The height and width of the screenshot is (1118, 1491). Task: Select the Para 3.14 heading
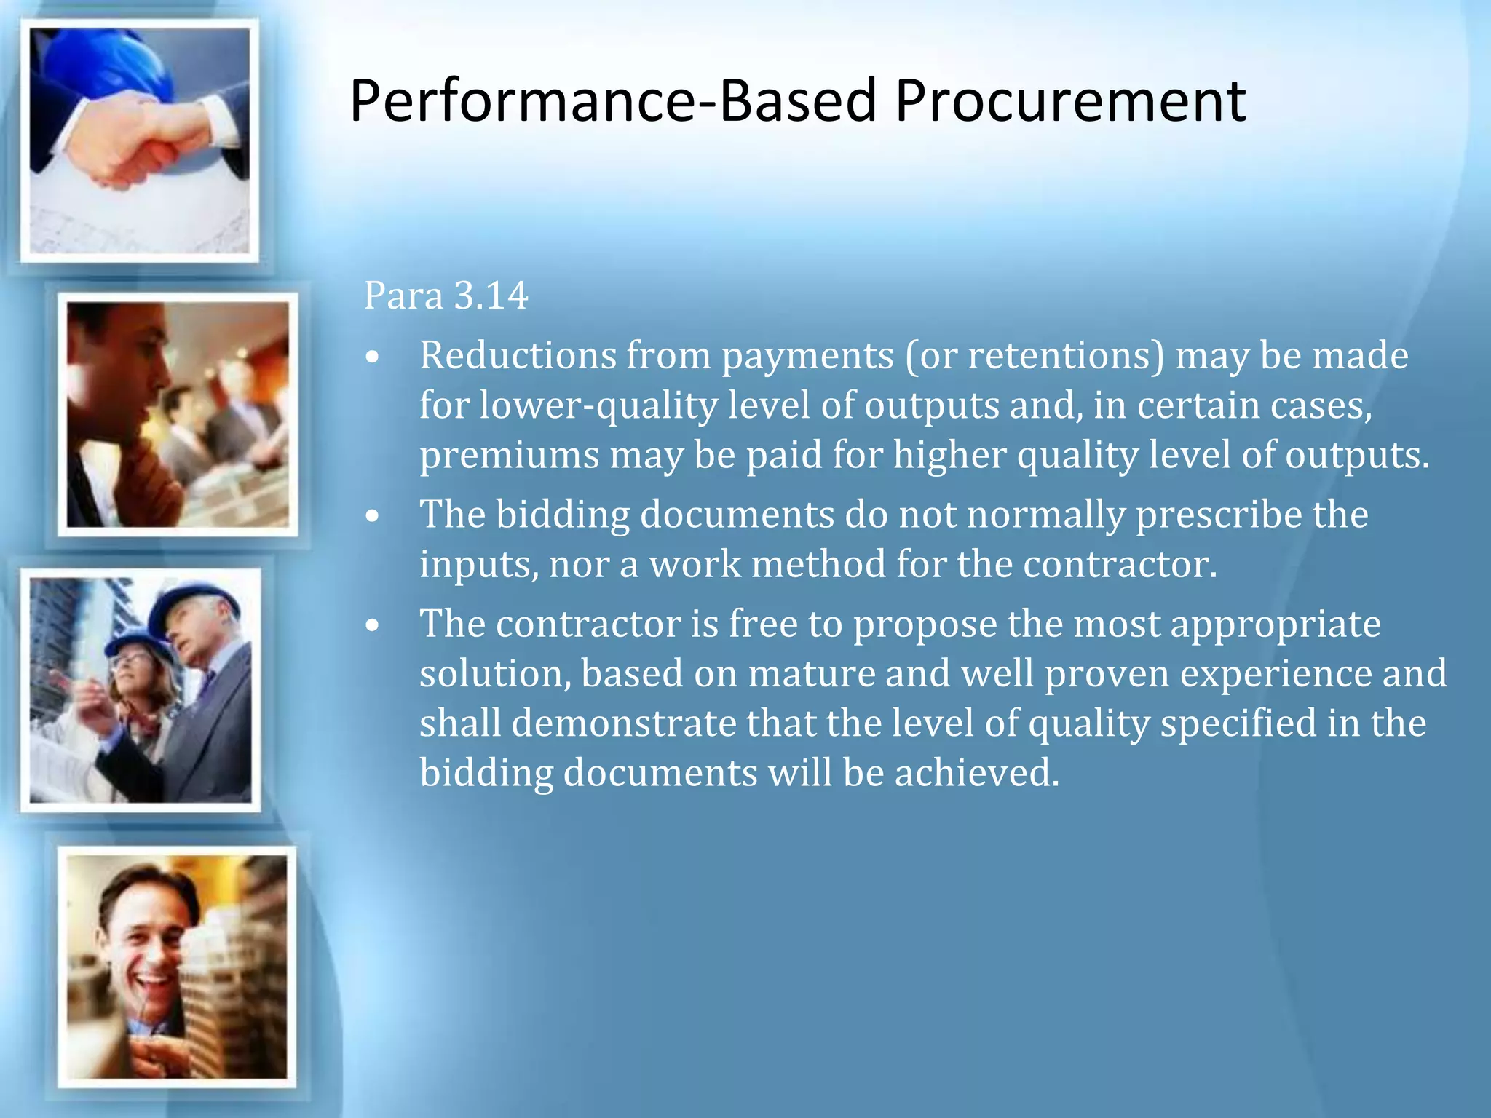pyautogui.click(x=446, y=296)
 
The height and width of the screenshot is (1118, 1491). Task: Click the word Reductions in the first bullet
pyautogui.click(x=518, y=355)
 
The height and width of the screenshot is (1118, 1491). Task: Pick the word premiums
pyautogui.click(x=509, y=456)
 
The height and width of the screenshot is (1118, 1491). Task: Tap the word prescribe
pyautogui.click(x=1219, y=515)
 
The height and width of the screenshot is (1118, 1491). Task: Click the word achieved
pyautogui.click(x=977, y=772)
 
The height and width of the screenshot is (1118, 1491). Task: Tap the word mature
pyautogui.click(x=811, y=673)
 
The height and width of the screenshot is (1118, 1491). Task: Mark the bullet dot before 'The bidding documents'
pyautogui.click(x=373, y=516)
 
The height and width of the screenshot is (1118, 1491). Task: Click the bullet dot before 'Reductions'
pyautogui.click(x=373, y=357)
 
